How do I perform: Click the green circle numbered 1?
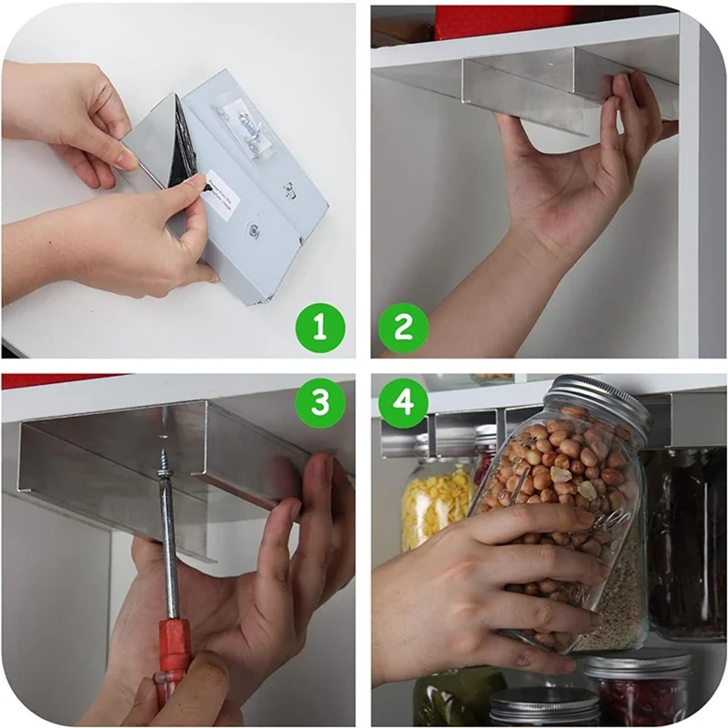coord(318,326)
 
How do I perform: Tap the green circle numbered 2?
coord(402,326)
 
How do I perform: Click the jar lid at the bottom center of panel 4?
coord(543,704)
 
